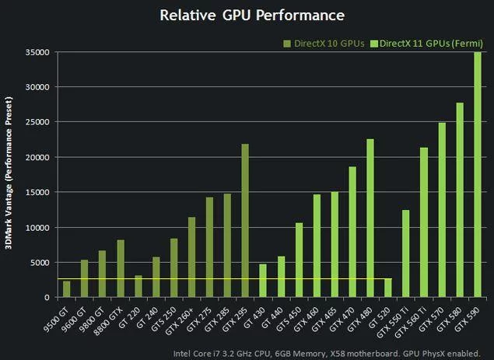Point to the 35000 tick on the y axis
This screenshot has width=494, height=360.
(37, 52)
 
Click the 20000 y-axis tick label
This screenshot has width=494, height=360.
(37, 157)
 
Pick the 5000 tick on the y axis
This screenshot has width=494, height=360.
(40, 262)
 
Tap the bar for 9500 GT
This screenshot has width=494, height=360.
(66, 288)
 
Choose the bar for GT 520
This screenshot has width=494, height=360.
(388, 288)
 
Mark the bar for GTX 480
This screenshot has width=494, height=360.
(370, 218)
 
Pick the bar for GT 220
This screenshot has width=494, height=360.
(138, 286)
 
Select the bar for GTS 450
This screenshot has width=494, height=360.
(299, 260)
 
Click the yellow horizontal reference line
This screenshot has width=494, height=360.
(218, 278)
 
